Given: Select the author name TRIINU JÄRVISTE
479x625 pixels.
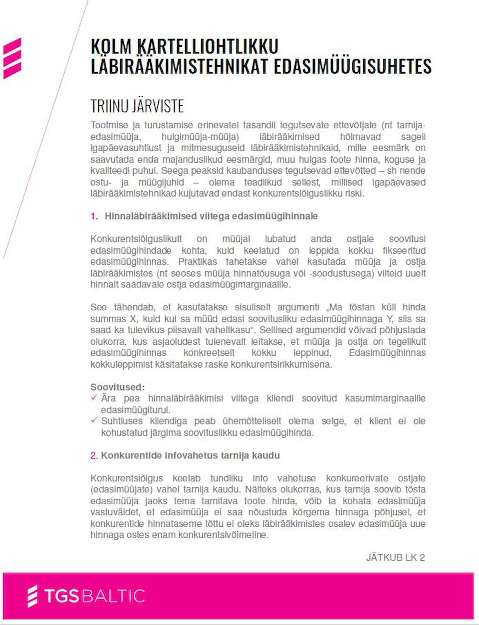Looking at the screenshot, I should pyautogui.click(x=137, y=106).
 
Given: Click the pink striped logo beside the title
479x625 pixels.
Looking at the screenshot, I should pyautogui.click(x=12, y=58).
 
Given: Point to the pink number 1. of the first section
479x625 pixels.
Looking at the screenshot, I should pyautogui.click(x=94, y=216).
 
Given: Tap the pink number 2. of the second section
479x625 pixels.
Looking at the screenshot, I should pyautogui.click(x=94, y=455).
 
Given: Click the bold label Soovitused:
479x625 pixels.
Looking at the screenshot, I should pyautogui.click(x=117, y=387).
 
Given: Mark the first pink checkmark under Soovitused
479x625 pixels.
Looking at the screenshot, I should pyautogui.click(x=94, y=398).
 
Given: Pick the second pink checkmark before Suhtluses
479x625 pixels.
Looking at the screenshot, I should pyautogui.click(x=94, y=420).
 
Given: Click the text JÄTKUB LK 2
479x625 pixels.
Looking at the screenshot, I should pyautogui.click(x=395, y=558).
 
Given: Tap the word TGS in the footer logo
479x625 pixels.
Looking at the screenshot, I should pyautogui.click(x=62, y=596).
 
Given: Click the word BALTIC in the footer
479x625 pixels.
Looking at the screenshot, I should pyautogui.click(x=113, y=596).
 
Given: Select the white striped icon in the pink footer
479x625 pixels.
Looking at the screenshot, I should pyautogui.click(x=32, y=596).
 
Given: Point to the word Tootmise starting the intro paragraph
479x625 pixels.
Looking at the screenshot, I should pyautogui.click(x=109, y=125).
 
